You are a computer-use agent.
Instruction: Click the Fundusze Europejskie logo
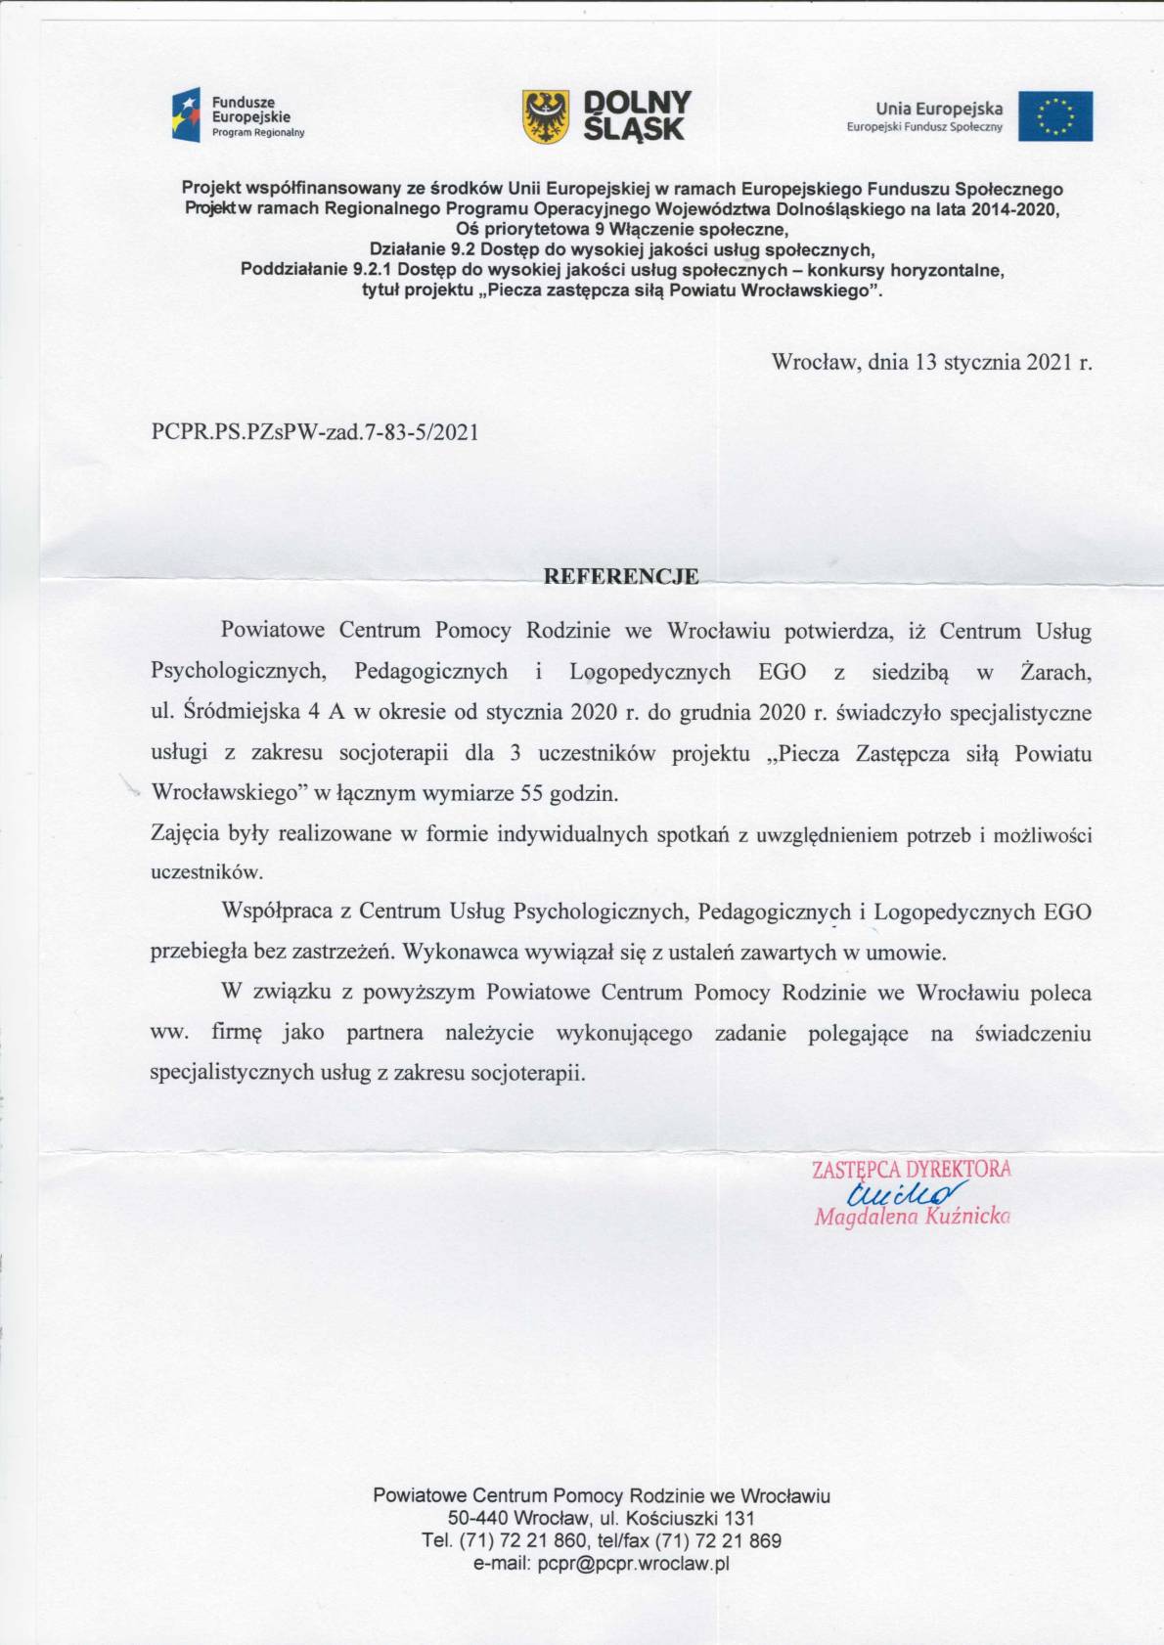[x=239, y=116]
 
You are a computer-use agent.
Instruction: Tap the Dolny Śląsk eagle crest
[x=546, y=116]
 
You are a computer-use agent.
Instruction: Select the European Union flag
[x=1054, y=116]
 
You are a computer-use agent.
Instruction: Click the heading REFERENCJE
[x=621, y=576]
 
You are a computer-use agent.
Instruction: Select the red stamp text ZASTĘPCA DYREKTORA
[x=911, y=1169]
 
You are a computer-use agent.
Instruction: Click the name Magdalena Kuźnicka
[x=912, y=1217]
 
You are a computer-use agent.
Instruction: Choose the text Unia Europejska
[x=939, y=110]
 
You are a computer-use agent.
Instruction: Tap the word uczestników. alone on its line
[x=206, y=872]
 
